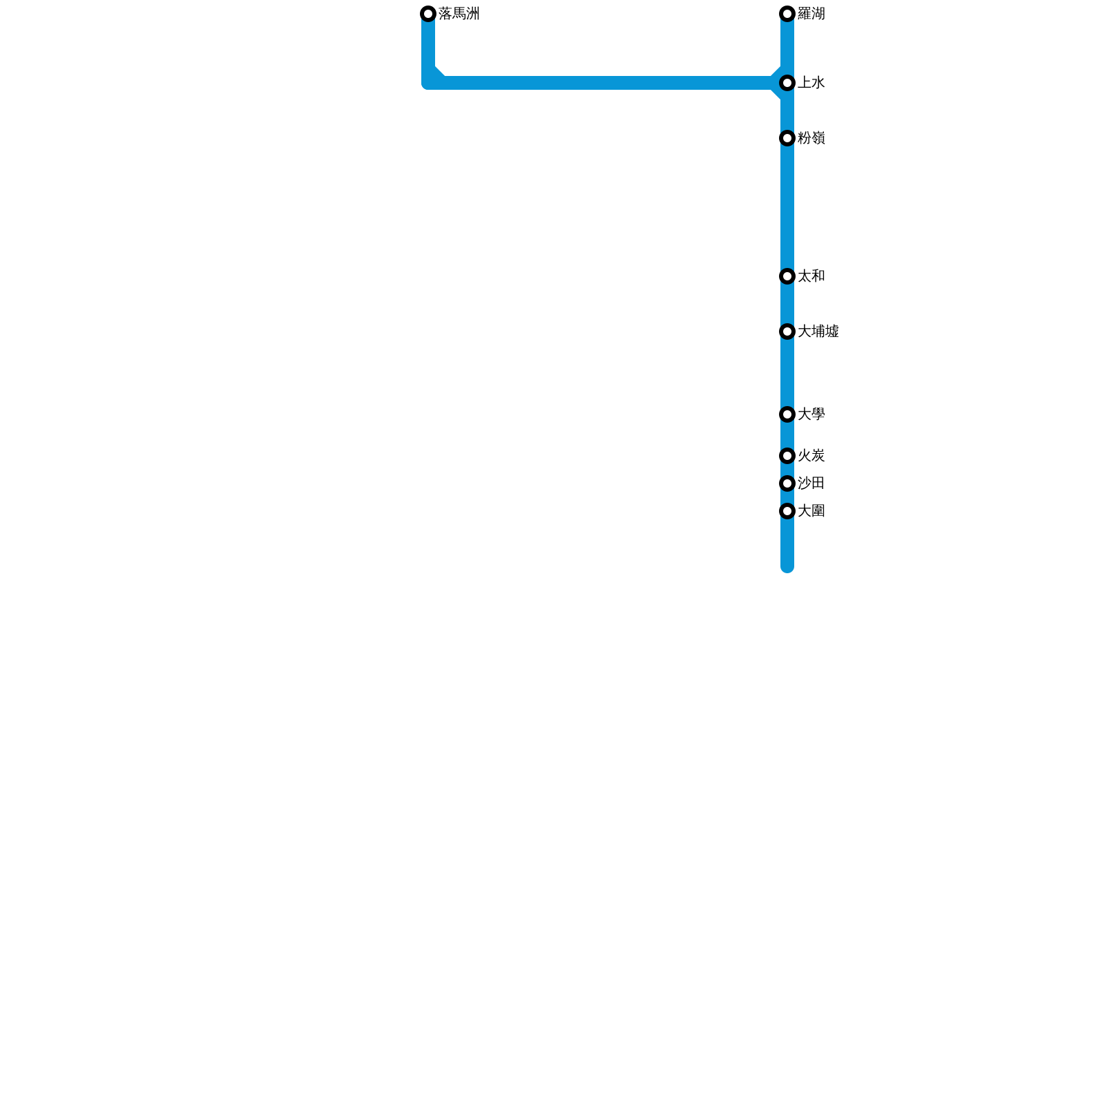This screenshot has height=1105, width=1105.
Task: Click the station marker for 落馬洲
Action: click(428, 14)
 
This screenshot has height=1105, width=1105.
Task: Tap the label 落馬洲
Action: click(459, 14)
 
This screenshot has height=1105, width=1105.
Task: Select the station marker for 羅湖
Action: click(787, 14)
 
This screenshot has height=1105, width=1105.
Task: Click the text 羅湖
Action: click(811, 14)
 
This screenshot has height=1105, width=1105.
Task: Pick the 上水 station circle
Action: click(787, 84)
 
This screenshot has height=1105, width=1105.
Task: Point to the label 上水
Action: click(811, 84)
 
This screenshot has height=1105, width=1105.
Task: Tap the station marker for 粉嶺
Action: click(787, 139)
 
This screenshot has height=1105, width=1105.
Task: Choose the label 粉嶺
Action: click(811, 139)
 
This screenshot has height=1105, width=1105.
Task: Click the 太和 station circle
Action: click(787, 277)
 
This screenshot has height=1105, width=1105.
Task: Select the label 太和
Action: click(811, 277)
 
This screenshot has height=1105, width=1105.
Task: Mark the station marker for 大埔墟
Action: click(787, 332)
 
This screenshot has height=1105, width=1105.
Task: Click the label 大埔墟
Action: click(818, 332)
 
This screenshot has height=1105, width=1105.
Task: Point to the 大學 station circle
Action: click(787, 415)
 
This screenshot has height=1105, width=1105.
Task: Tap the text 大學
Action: click(811, 415)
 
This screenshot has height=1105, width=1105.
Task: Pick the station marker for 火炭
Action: click(787, 457)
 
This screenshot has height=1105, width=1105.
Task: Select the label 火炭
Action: click(811, 457)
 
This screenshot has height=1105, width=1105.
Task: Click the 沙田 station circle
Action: click(787, 483)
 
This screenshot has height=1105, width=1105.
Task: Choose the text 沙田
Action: click(811, 483)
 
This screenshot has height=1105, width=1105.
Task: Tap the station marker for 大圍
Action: click(787, 512)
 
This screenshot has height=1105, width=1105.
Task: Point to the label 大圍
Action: click(811, 512)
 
